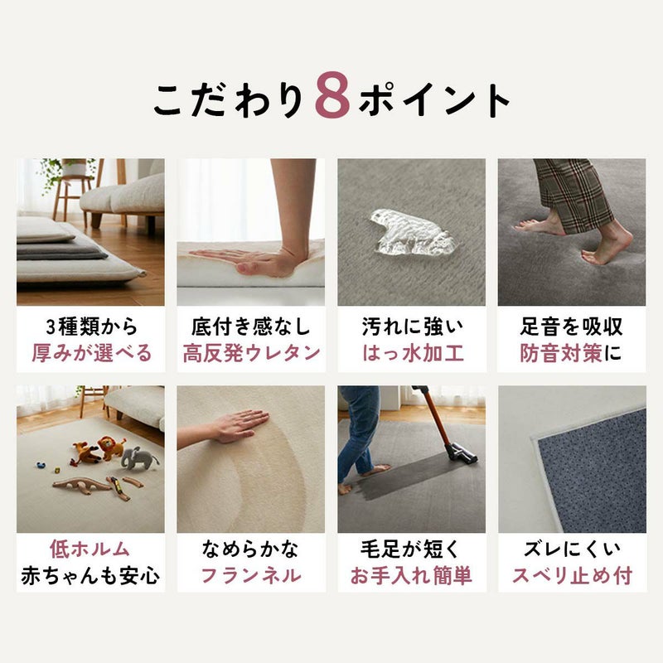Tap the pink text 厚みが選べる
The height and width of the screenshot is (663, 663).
[x=91, y=353]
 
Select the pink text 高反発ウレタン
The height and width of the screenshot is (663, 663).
[x=251, y=353]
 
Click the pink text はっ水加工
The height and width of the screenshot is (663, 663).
[x=412, y=353]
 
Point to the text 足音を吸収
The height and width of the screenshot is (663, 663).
[x=571, y=326]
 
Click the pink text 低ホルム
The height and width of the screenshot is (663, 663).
[x=90, y=549]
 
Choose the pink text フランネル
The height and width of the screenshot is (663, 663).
[x=251, y=576]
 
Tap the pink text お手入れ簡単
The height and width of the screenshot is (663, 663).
[x=412, y=576]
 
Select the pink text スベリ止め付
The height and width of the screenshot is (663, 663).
[x=571, y=576]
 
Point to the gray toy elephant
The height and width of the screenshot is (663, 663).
[x=139, y=458]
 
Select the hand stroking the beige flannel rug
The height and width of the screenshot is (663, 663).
[x=228, y=427]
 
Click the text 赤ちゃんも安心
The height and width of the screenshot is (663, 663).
[x=90, y=576]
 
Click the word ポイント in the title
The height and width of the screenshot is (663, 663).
[x=435, y=100]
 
